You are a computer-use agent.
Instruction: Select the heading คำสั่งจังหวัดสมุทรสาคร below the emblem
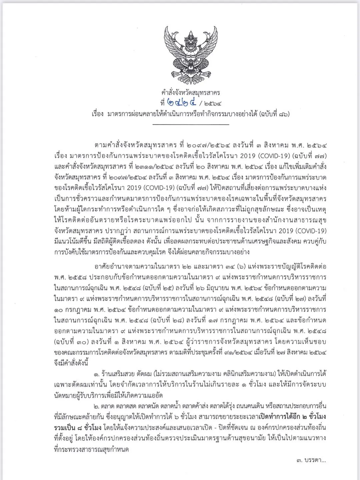pos(190,92)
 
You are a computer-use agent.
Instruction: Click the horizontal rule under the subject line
pos(190,124)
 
